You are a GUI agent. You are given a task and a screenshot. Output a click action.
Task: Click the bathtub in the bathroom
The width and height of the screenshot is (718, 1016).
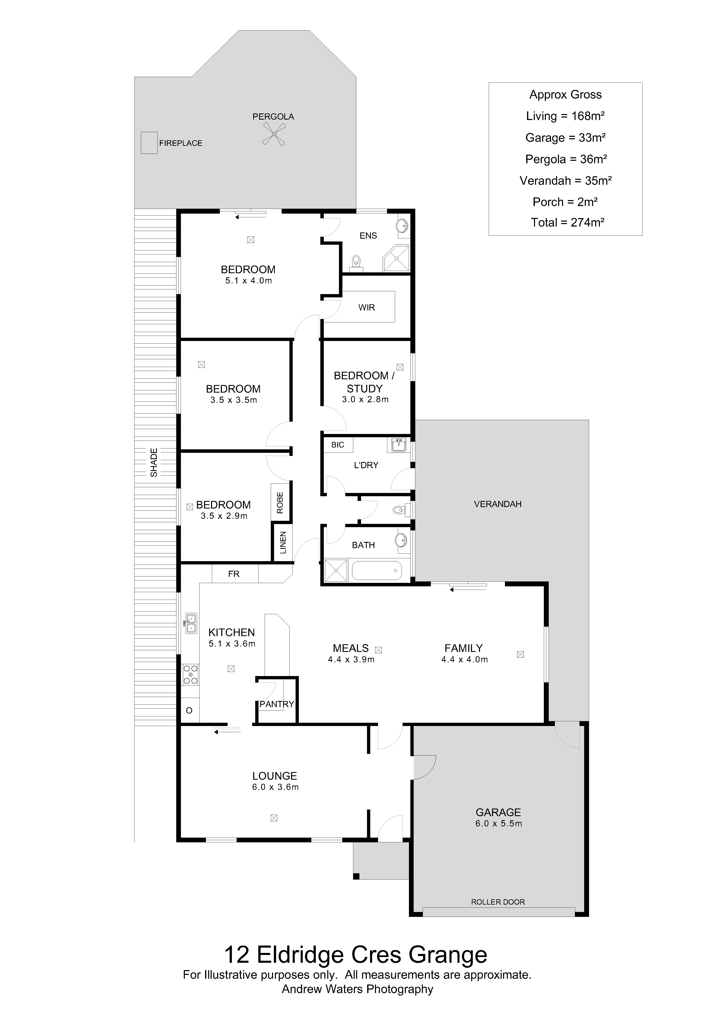click(377, 571)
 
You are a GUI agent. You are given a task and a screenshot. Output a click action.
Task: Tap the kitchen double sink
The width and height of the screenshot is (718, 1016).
click(191, 623)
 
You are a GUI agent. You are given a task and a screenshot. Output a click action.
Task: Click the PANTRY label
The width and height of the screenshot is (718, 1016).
click(277, 704)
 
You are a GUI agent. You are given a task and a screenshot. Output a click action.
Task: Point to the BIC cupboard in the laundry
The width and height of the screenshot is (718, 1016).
click(338, 445)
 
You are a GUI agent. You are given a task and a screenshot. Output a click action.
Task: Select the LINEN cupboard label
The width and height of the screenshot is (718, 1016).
click(283, 543)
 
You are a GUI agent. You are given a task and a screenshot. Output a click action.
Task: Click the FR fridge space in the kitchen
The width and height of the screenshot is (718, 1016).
click(234, 574)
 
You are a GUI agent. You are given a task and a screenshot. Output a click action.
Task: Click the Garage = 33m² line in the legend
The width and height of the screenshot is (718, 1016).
click(566, 138)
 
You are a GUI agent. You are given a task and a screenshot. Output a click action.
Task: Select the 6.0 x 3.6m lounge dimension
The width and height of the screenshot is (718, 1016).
click(275, 787)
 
